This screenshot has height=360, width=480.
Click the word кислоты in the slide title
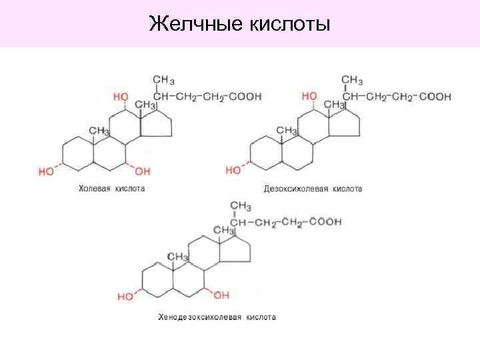point(291,25)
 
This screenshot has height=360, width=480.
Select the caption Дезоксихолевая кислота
point(313,189)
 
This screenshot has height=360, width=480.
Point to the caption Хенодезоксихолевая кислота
point(217,317)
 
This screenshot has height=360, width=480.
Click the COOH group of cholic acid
point(245,96)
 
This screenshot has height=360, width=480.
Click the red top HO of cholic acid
point(121,97)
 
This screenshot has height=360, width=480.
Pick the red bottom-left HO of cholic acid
point(46,171)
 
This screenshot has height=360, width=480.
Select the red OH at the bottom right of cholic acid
point(143,171)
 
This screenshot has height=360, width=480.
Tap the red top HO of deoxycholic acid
point(309,97)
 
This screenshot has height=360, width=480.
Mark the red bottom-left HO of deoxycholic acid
point(233,171)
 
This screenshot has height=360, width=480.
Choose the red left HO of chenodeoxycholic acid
point(125,296)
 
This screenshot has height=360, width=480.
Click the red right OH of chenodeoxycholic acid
point(221,294)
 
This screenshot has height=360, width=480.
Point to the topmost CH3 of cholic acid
point(163,81)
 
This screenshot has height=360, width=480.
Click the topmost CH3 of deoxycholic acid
point(352,81)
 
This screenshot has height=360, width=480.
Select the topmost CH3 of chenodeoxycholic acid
point(240,205)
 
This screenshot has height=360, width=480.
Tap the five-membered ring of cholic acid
point(157,125)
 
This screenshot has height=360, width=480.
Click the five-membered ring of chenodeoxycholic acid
point(236,251)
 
